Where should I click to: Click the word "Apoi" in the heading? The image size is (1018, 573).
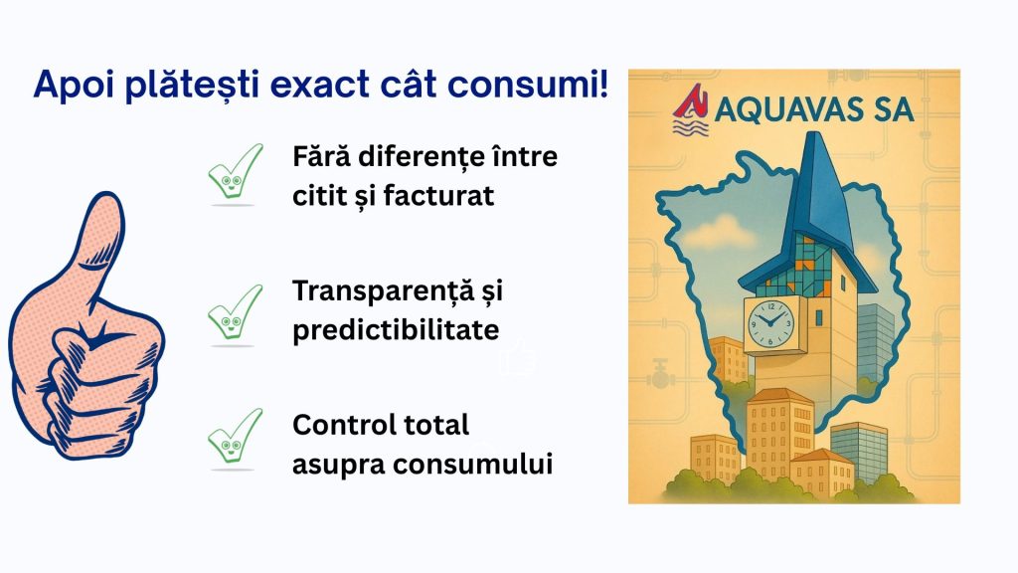[74, 86]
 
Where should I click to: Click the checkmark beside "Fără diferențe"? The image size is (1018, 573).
[235, 173]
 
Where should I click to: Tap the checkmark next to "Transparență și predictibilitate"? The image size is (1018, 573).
[235, 313]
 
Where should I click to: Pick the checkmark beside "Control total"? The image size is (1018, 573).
[235, 437]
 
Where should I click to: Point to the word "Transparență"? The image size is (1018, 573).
[383, 291]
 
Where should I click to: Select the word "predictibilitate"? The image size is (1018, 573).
[396, 330]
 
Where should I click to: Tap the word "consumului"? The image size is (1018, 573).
[472, 465]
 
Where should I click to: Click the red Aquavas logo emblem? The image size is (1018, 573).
[691, 110]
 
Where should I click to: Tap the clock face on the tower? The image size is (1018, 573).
[770, 323]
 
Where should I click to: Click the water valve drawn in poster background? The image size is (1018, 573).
[660, 374]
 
